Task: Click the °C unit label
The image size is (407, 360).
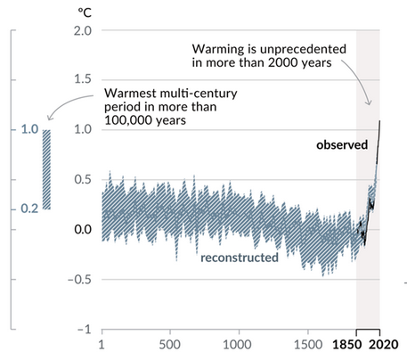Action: [85, 12]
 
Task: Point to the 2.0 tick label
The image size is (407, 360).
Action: [83, 30]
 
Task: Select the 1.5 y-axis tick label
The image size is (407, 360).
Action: [83, 79]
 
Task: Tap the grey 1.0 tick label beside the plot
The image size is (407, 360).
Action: [83, 129]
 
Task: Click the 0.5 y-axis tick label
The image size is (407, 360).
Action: [83, 179]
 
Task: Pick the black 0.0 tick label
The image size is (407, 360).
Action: [83, 229]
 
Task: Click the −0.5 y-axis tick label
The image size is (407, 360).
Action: [79, 279]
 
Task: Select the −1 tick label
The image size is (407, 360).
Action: [85, 330]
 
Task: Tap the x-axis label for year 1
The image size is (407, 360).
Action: [102, 345]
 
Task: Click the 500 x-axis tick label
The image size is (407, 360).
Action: [169, 345]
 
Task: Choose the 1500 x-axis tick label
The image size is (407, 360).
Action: [308, 345]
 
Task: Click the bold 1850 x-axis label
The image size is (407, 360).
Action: [347, 345]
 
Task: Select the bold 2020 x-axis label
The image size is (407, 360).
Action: [384, 345]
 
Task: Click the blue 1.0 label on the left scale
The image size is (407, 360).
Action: [29, 129]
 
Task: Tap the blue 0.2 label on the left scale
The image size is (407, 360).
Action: [29, 209]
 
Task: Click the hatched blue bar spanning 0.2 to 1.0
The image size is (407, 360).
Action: [46, 169]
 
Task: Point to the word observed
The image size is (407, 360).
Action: [342, 144]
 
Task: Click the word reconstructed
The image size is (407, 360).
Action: [240, 258]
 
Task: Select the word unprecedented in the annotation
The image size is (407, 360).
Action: [303, 49]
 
